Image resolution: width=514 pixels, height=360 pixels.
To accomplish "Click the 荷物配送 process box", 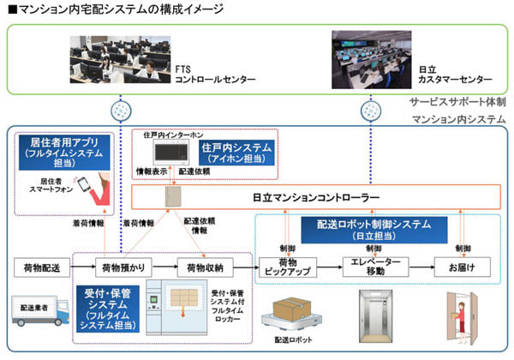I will tap(38, 269).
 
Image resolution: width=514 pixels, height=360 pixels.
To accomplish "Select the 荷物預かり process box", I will tap(119, 269).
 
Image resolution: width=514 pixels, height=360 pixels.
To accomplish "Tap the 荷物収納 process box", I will tap(204, 269).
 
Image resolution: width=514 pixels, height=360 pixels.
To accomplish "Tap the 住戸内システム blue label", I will tap(238, 153).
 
